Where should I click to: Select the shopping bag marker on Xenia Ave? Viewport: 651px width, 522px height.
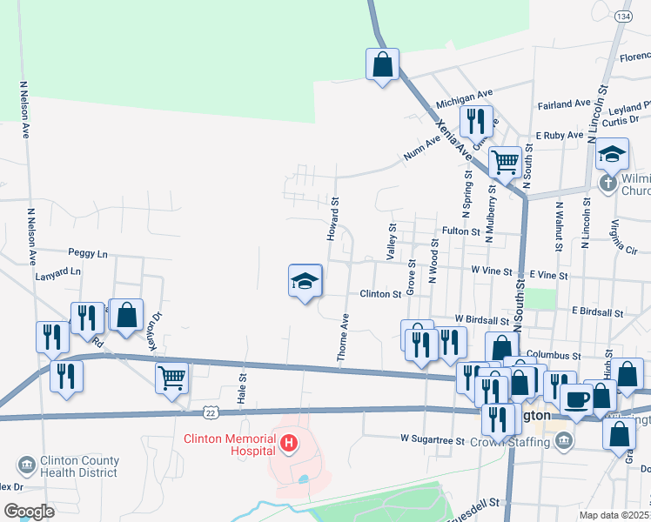tap(382, 64)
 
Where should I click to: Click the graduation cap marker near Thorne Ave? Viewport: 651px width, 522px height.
tap(305, 281)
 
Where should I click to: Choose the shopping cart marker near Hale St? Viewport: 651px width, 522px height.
tap(172, 378)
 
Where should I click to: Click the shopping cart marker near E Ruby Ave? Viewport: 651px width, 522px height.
tap(505, 161)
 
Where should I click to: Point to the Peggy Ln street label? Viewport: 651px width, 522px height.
tap(91, 254)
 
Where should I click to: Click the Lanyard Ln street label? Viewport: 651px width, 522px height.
tap(58, 271)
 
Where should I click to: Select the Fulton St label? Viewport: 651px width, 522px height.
tap(461, 231)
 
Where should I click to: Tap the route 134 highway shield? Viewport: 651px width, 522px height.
tap(623, 17)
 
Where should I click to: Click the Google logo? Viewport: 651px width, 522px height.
tap(29, 512)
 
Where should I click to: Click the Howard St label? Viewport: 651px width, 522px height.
tap(333, 218)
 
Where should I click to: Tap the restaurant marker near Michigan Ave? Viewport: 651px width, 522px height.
tap(475, 121)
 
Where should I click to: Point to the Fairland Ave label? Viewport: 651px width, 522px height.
tap(565, 104)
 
